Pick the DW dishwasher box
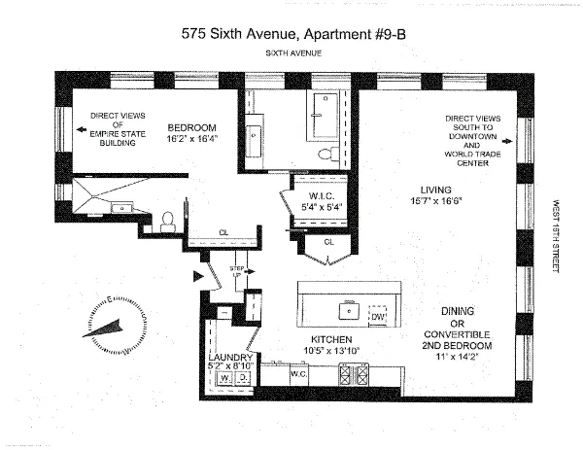click(x=378, y=315)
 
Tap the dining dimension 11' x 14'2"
click(x=455, y=357)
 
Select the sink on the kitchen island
click(x=343, y=314)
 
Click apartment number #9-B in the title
click(x=379, y=32)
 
